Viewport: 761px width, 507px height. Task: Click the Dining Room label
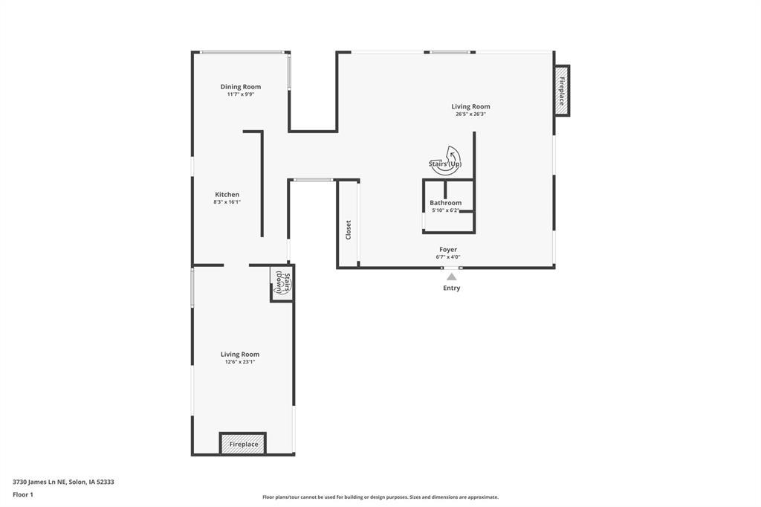[240, 87]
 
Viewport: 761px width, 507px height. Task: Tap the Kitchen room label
[227, 195]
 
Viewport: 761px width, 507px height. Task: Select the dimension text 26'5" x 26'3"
[470, 114]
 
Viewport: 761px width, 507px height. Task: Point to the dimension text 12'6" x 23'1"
[239, 362]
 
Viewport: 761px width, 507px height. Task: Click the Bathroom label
[445, 203]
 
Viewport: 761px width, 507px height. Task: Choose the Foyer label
[448, 250]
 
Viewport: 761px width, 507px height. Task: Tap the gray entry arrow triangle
[451, 277]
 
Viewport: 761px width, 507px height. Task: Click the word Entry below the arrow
[451, 288]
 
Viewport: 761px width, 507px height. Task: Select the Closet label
[348, 229]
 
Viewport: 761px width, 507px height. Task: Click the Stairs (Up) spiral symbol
[446, 159]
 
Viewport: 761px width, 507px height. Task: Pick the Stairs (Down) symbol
[282, 283]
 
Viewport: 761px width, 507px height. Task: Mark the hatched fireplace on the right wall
[563, 91]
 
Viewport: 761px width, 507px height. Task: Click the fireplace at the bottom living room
[243, 444]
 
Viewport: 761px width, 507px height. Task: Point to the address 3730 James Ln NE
[63, 482]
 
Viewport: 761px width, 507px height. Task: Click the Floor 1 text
[23, 494]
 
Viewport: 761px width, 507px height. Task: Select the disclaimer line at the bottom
[380, 497]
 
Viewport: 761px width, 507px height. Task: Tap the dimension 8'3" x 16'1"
[227, 202]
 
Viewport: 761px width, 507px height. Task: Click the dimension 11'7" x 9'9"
[240, 94]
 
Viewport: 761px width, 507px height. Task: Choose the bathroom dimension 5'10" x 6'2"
[445, 210]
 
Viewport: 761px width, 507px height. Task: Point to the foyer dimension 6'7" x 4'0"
[448, 257]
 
